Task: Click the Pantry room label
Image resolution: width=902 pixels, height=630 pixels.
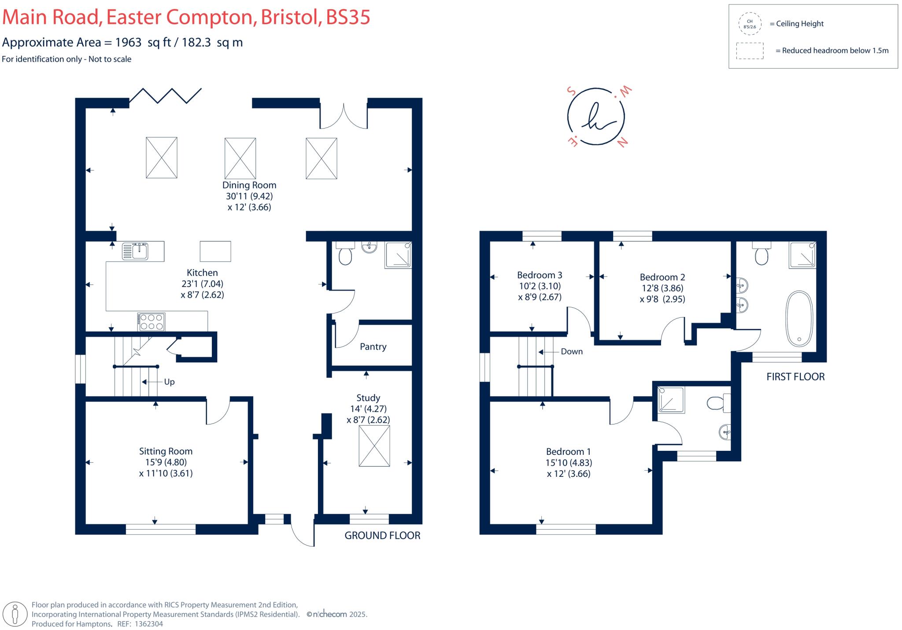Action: click(373, 347)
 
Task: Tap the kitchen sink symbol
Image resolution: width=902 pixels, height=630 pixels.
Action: click(135, 251)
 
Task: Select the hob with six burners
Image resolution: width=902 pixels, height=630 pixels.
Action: click(152, 322)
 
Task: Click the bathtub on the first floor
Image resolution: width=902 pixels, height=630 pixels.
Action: click(799, 318)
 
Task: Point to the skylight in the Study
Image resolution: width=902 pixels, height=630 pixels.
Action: click(374, 446)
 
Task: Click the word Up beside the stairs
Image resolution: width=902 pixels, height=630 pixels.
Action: click(169, 382)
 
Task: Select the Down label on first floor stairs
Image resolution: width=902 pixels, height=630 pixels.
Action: click(572, 352)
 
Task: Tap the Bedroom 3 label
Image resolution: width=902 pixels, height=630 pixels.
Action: click(540, 275)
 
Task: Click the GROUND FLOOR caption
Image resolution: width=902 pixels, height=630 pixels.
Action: click(382, 536)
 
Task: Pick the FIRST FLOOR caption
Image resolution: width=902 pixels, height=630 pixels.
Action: click(795, 377)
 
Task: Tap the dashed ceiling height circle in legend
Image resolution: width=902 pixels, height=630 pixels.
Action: click(750, 24)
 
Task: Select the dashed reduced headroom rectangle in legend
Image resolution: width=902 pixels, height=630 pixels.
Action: click(750, 51)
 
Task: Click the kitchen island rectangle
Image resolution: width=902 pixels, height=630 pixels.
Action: click(215, 251)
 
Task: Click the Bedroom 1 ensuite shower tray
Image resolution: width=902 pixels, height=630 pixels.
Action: click(671, 400)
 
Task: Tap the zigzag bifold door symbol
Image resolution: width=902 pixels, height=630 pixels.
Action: click(166, 96)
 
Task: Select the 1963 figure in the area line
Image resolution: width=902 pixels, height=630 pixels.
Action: click(128, 42)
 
